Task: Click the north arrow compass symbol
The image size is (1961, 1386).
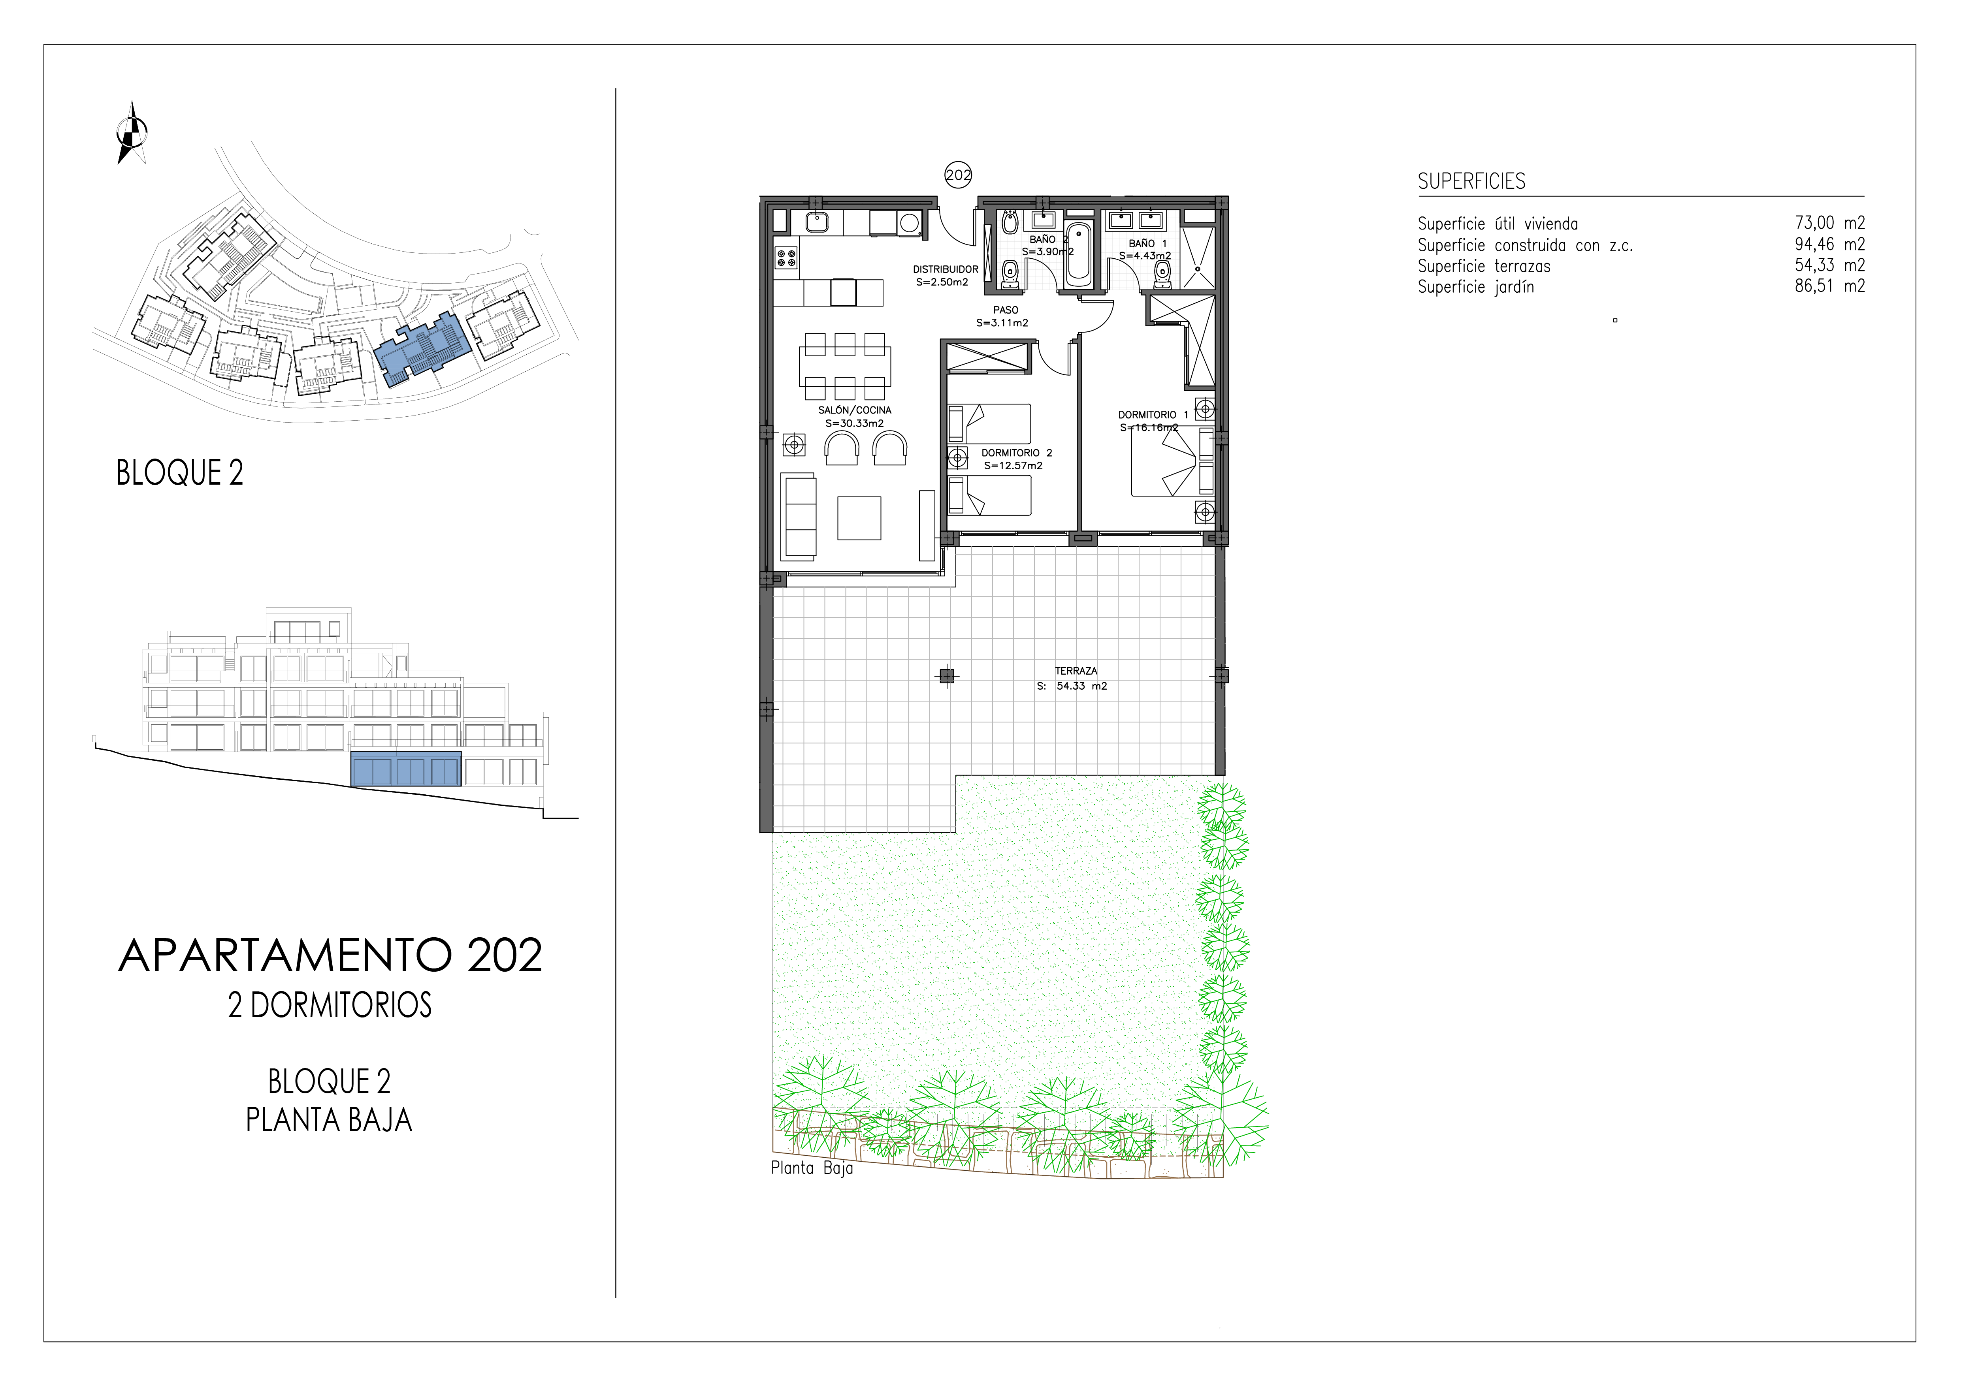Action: pyautogui.click(x=132, y=132)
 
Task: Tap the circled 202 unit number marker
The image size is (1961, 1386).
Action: pyautogui.click(x=958, y=175)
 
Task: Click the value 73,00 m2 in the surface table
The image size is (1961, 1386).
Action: pyautogui.click(x=1829, y=223)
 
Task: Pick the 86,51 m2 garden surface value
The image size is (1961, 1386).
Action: pyautogui.click(x=1829, y=286)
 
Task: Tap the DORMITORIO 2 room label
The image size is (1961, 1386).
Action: pyautogui.click(x=1016, y=453)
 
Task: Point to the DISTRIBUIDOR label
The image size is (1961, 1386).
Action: pyautogui.click(x=946, y=269)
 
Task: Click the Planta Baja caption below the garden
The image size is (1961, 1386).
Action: pyautogui.click(x=812, y=1168)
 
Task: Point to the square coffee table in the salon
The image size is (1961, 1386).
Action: pyautogui.click(x=859, y=517)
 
